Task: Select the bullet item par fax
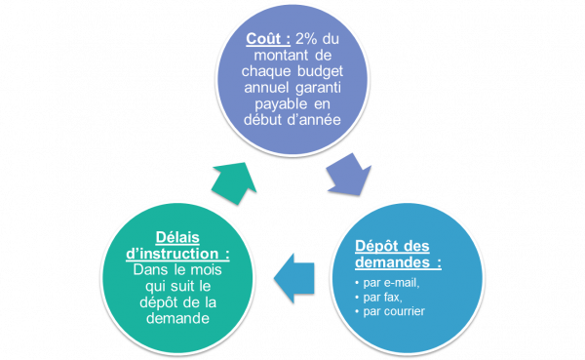click(x=383, y=297)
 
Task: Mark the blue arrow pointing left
click(x=294, y=277)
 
